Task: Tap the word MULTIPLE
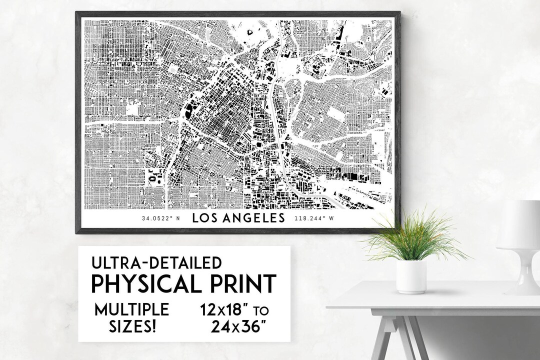(131, 309)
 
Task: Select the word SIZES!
(131, 327)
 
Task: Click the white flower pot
(411, 276)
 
